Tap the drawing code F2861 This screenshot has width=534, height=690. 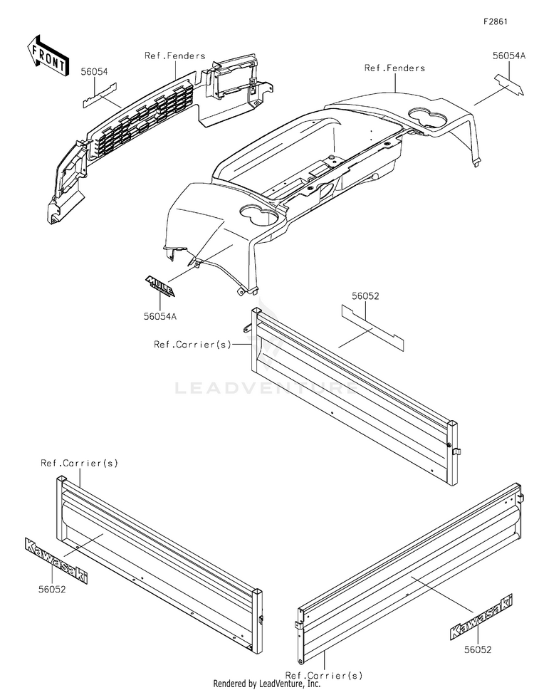click(496, 22)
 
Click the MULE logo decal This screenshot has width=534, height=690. click(163, 285)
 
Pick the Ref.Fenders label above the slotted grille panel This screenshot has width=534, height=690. click(174, 56)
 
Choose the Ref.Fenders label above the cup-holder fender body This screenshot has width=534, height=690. click(394, 68)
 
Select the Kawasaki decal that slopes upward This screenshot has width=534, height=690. click(481, 617)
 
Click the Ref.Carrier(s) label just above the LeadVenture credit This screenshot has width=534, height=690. click(323, 674)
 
